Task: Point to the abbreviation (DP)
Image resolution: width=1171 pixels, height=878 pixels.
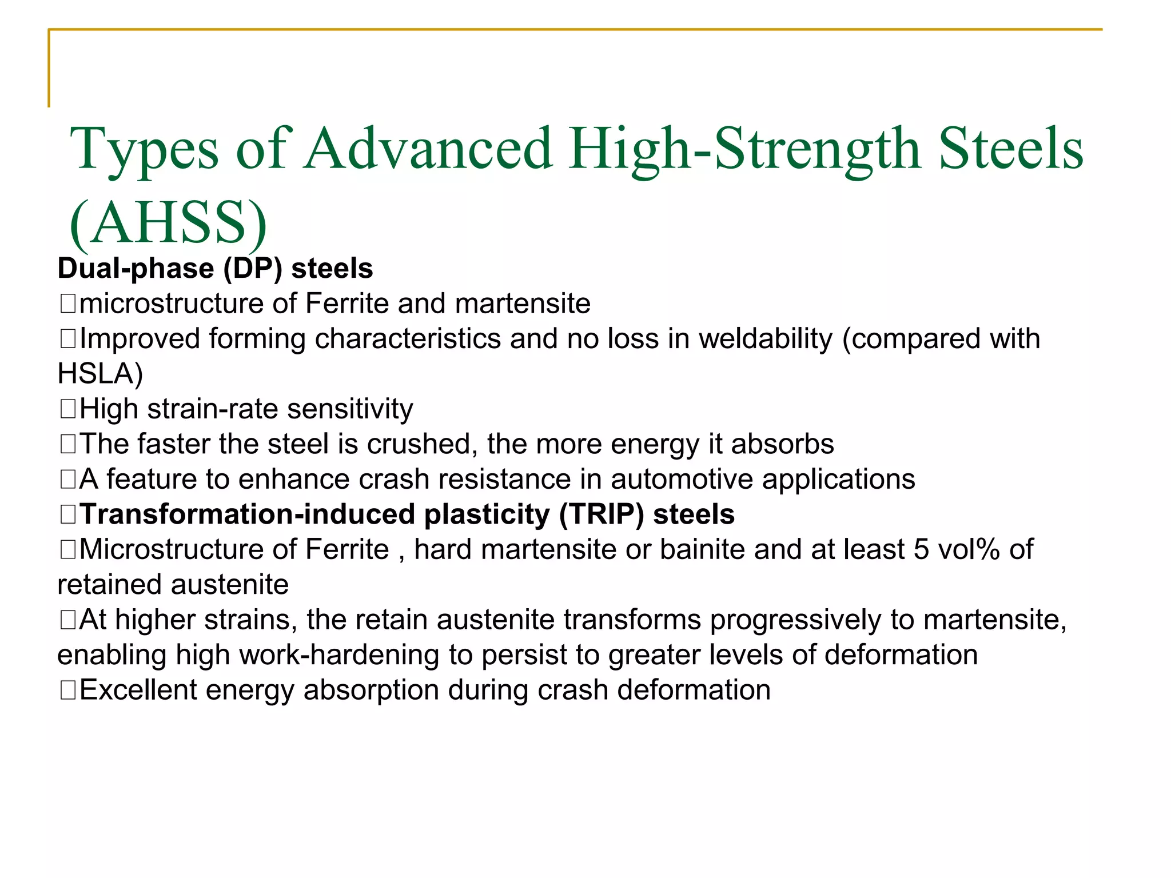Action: pyautogui.click(x=253, y=269)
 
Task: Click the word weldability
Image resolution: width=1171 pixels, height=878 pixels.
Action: pyautogui.click(x=766, y=338)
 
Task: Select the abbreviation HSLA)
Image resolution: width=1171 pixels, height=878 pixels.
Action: pyautogui.click(x=100, y=374)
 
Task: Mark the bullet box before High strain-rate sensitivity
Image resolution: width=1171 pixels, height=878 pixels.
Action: pyautogui.click(x=67, y=409)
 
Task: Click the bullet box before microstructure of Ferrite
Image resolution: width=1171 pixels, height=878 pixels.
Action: pyautogui.click(x=67, y=304)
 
